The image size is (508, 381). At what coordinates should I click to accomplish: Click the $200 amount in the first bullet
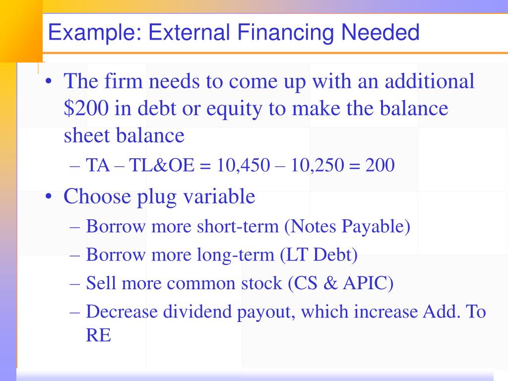pyautogui.click(x=84, y=108)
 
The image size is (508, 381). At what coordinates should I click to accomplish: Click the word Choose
pyautogui.click(x=91, y=197)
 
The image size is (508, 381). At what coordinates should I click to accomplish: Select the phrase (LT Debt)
pyautogui.click(x=318, y=255)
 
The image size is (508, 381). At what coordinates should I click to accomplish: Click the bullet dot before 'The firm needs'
pyautogui.click(x=49, y=81)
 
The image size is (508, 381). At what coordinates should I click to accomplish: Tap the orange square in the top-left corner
pyautogui.click(x=20, y=30)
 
